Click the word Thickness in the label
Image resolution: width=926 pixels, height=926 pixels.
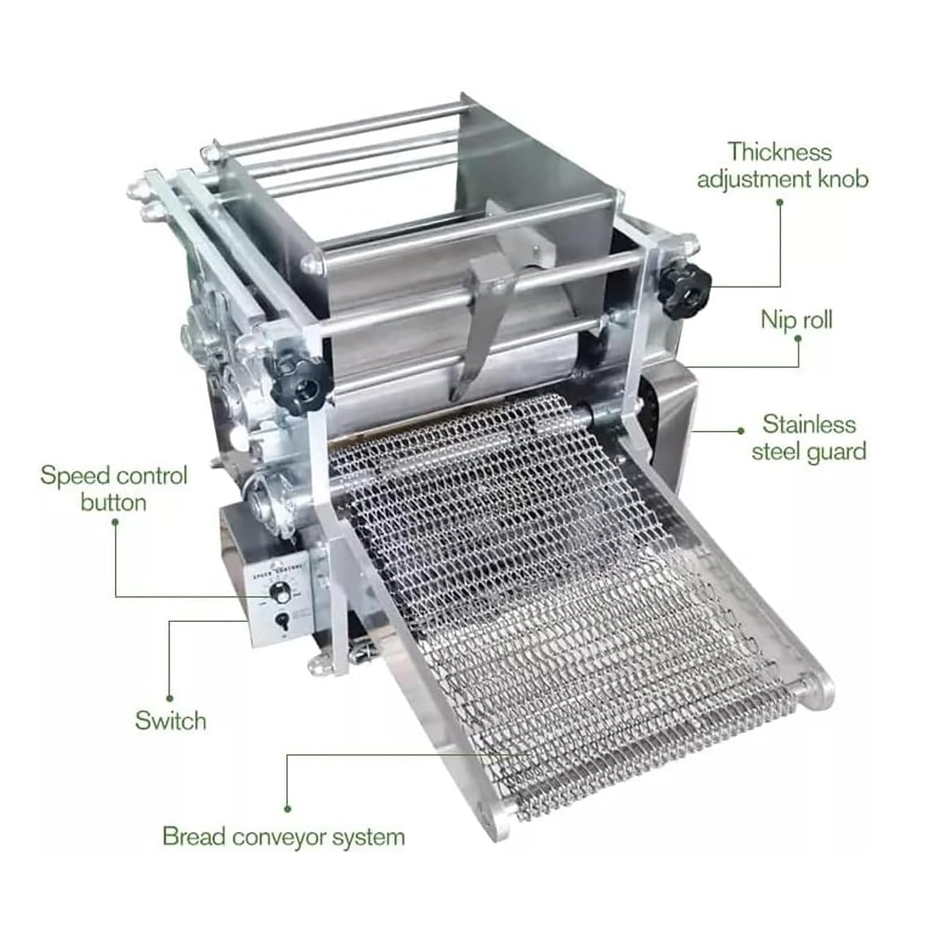pyautogui.click(x=779, y=152)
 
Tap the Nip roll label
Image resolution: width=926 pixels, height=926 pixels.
pyautogui.click(x=796, y=319)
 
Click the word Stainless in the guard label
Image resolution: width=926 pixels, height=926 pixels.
pyautogui.click(x=809, y=424)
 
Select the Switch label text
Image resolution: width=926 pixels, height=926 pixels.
pyautogui.click(x=170, y=721)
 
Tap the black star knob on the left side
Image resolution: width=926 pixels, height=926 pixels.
pyautogui.click(x=299, y=383)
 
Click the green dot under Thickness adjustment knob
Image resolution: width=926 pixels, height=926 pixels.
pyautogui.click(x=780, y=202)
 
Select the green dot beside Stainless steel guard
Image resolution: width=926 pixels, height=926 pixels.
pyautogui.click(x=741, y=431)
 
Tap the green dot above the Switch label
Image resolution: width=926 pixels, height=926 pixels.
pyautogui.click(x=170, y=699)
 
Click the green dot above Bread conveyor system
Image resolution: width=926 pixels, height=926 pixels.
pyautogui.click(x=288, y=809)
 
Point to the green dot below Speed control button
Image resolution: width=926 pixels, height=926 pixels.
pyautogui.click(x=115, y=522)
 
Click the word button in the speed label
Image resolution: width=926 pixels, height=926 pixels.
pyautogui.click(x=113, y=502)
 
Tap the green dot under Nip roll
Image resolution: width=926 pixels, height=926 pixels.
pyautogui.click(x=798, y=338)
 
